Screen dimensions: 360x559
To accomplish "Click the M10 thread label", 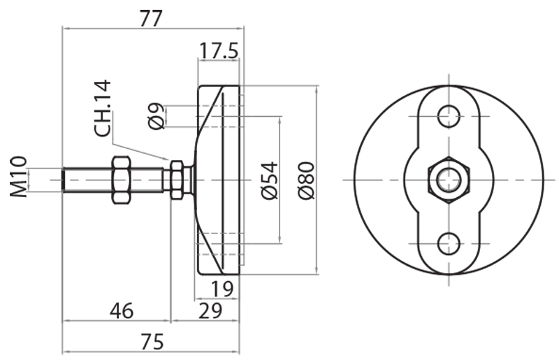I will pos(19,177).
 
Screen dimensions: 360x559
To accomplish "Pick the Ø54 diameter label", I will pos(270,180).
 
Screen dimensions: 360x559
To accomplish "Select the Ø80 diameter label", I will pos(307,180).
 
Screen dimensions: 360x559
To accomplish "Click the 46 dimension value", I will pos(119,310).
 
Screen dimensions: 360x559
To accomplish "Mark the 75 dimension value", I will pos(150,342).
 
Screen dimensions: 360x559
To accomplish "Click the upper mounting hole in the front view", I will pos(448,115).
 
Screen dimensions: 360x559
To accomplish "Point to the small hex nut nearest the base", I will pos(176,180).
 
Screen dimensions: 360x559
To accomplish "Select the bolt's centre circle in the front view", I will pos(448,180).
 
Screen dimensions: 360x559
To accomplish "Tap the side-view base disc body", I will pos(221,180).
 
